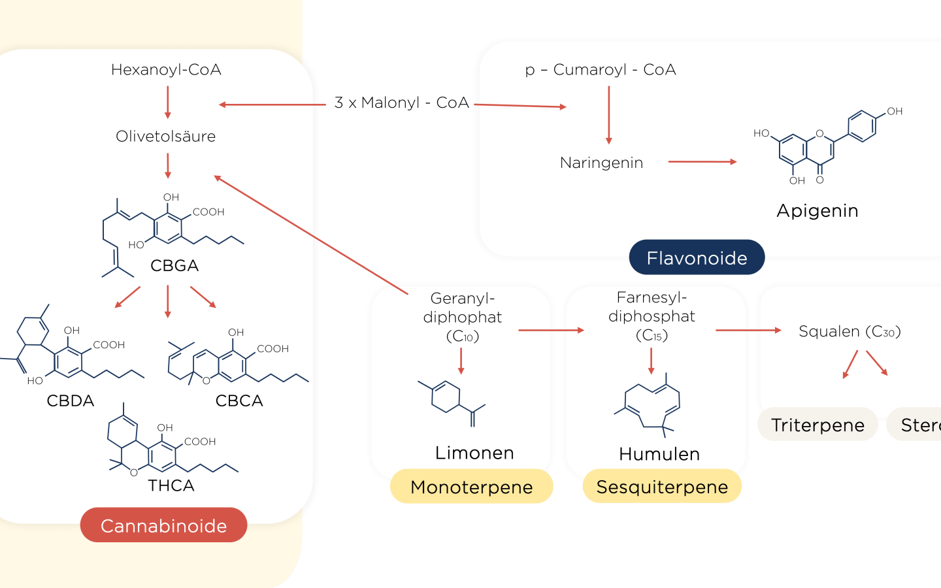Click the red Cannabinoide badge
pyautogui.click(x=163, y=525)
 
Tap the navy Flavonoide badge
pyautogui.click(x=697, y=258)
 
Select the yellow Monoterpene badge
pyautogui.click(x=471, y=487)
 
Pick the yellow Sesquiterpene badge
pyautogui.click(x=662, y=487)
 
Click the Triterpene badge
pyautogui.click(x=817, y=425)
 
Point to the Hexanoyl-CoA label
pyautogui.click(x=166, y=70)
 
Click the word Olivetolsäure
pyautogui.click(x=165, y=137)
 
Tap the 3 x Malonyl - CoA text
pyautogui.click(x=401, y=103)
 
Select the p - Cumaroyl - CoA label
pyautogui.click(x=601, y=70)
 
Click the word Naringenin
pyautogui.click(x=601, y=163)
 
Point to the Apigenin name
pyautogui.click(x=817, y=211)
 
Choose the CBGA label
pyautogui.click(x=174, y=266)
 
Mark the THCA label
pyautogui.click(x=171, y=485)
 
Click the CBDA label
pyautogui.click(x=71, y=400)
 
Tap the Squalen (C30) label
pyautogui.click(x=850, y=331)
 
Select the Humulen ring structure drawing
pyautogui.click(x=652, y=404)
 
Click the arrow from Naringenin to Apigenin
pyautogui.click(x=702, y=161)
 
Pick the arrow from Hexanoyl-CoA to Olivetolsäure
pyautogui.click(x=168, y=102)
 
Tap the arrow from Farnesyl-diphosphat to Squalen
pyautogui.click(x=748, y=331)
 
